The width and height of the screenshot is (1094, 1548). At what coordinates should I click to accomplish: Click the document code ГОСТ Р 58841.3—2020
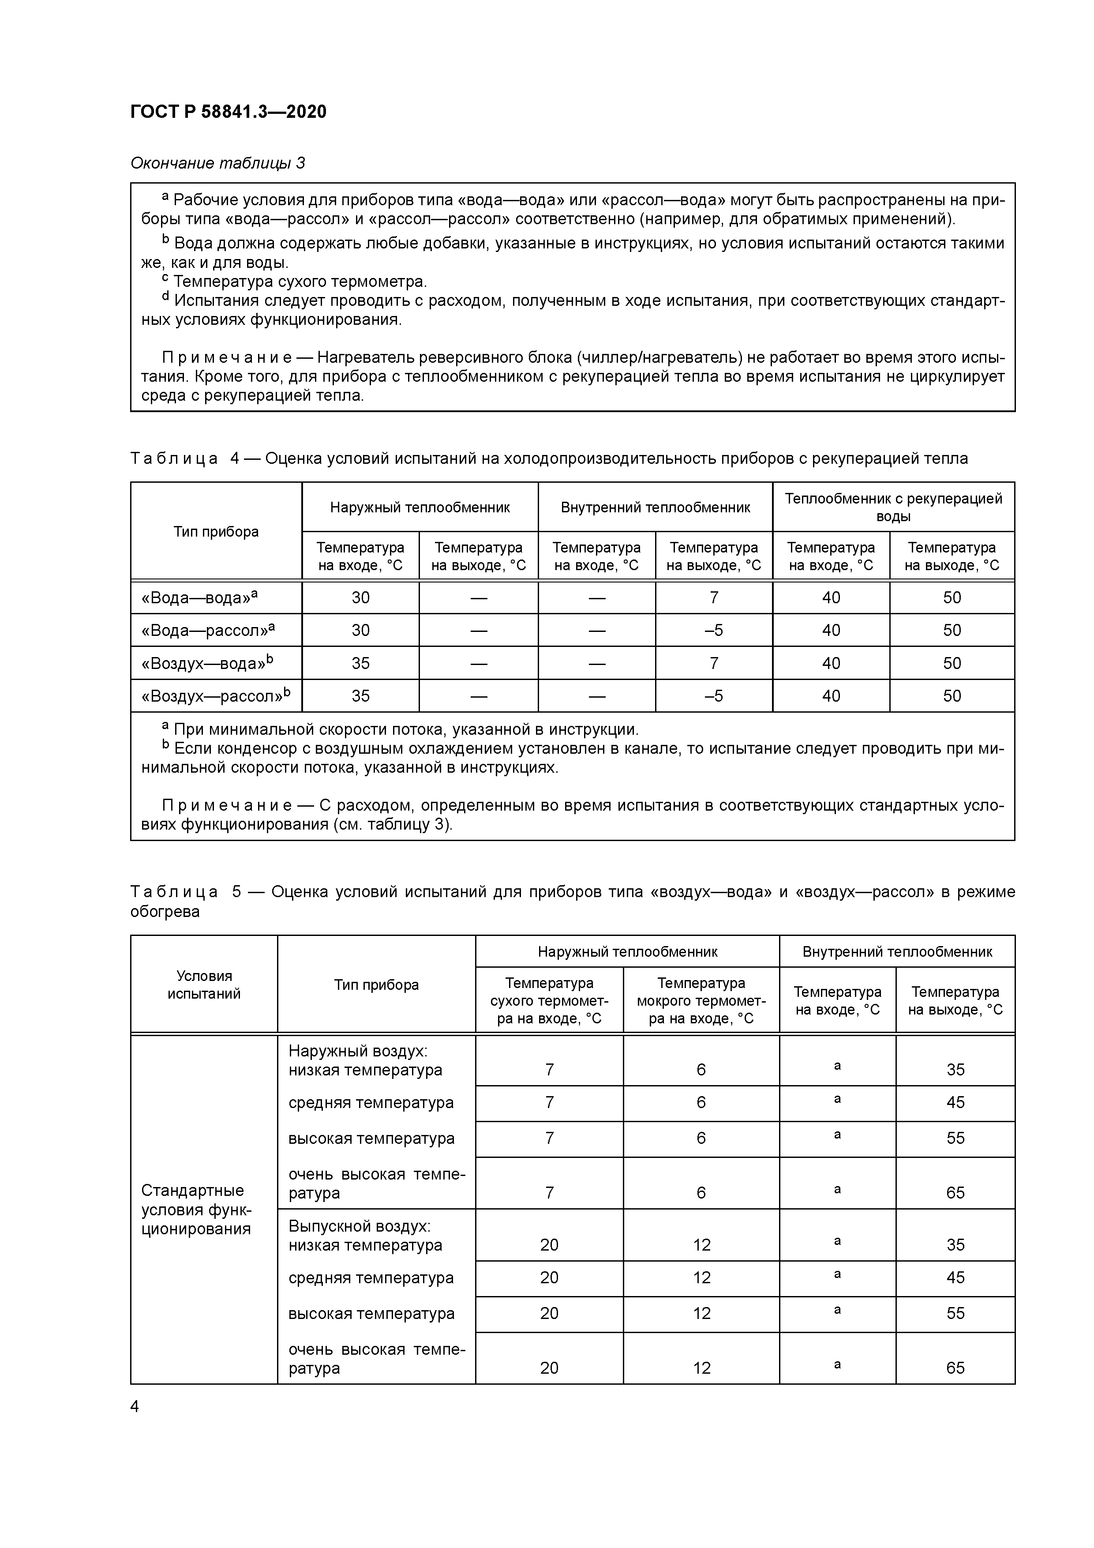pos(228,111)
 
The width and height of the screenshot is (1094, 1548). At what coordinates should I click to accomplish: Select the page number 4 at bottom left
pos(135,1406)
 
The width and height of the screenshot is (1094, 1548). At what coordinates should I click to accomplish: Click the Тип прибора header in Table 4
pos(216,531)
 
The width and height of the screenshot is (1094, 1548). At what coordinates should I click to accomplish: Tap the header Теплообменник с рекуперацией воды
pos(893,507)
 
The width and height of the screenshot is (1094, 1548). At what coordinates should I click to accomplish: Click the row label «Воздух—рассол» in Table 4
pos(215,696)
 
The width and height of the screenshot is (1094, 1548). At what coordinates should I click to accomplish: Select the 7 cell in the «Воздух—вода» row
pos(713,663)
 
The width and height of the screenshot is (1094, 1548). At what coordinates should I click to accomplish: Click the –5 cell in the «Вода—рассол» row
pos(713,631)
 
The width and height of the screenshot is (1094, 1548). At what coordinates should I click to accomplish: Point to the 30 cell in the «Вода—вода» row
pos(360,598)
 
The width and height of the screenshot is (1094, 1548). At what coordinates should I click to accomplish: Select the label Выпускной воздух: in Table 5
pos(359,1226)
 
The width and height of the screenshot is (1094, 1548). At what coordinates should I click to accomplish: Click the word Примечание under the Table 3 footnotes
pos(226,357)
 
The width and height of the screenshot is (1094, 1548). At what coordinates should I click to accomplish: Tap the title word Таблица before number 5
pos(174,892)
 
